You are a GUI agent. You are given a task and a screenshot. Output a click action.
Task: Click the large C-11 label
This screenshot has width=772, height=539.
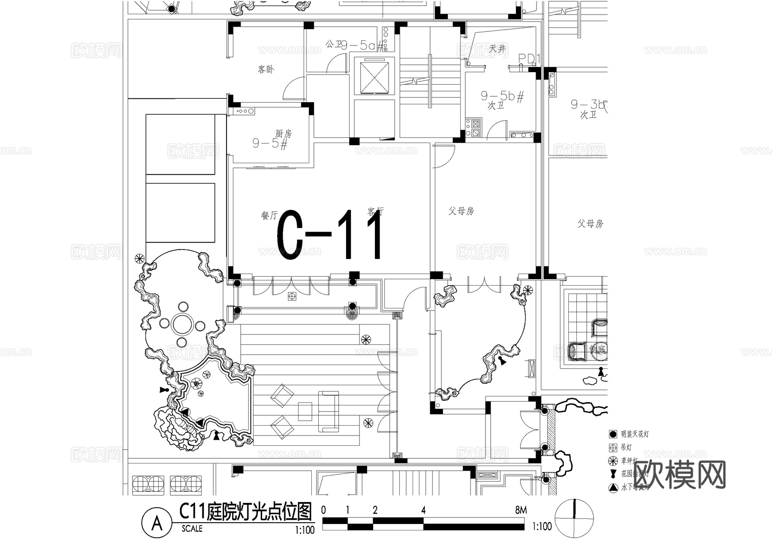[329, 235]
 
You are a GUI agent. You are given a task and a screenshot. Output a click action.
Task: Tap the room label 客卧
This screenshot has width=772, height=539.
[266, 69]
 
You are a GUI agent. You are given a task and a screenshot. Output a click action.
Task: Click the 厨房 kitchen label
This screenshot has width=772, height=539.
[283, 134]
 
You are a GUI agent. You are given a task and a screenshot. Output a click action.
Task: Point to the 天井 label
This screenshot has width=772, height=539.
[497, 49]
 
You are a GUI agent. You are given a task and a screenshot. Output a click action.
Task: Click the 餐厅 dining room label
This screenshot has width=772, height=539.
[269, 215]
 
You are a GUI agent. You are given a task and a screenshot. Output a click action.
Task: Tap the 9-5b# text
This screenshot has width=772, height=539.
[502, 96]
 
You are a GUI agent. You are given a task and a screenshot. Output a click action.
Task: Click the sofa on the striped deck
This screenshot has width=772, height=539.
[328, 411]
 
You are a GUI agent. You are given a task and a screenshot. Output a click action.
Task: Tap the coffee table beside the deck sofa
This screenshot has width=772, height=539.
[305, 411]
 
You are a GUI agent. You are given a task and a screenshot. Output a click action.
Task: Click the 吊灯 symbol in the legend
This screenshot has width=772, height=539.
[613, 448]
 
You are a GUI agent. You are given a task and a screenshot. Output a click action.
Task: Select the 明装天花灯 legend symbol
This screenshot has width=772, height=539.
[613, 434]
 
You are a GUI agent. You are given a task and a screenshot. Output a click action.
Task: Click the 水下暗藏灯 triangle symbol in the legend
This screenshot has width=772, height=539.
[613, 487]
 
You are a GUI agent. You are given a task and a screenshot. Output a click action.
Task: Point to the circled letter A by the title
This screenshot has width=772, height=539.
[157, 523]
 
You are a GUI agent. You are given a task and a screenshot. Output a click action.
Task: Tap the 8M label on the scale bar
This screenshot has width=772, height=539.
[521, 510]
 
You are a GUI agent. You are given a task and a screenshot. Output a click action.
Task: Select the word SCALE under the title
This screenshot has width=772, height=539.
[192, 529]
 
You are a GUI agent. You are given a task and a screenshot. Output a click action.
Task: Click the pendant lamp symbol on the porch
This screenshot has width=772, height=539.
[292, 296]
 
